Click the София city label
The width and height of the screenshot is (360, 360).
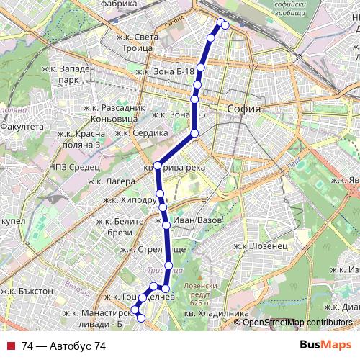(243, 109)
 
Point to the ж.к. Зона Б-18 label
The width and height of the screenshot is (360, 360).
(165, 72)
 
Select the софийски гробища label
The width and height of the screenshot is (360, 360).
(278, 11)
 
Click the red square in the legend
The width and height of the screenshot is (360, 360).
(10, 346)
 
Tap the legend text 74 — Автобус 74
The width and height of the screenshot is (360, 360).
(63, 346)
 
